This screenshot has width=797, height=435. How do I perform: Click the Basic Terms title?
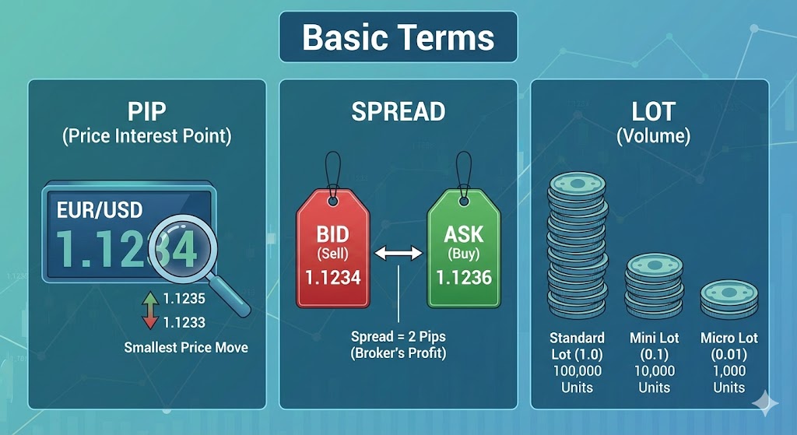tap(398, 37)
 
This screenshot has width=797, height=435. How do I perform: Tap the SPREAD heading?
tap(398, 111)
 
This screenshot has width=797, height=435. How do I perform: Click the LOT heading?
tap(653, 111)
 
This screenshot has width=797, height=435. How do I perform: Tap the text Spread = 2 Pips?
tap(398, 338)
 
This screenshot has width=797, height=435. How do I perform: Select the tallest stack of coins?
tap(577, 245)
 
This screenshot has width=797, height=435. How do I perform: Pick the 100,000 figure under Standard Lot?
tap(577, 370)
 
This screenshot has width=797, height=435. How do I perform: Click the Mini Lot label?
tap(654, 338)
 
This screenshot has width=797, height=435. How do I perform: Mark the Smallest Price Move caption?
tap(186, 347)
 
